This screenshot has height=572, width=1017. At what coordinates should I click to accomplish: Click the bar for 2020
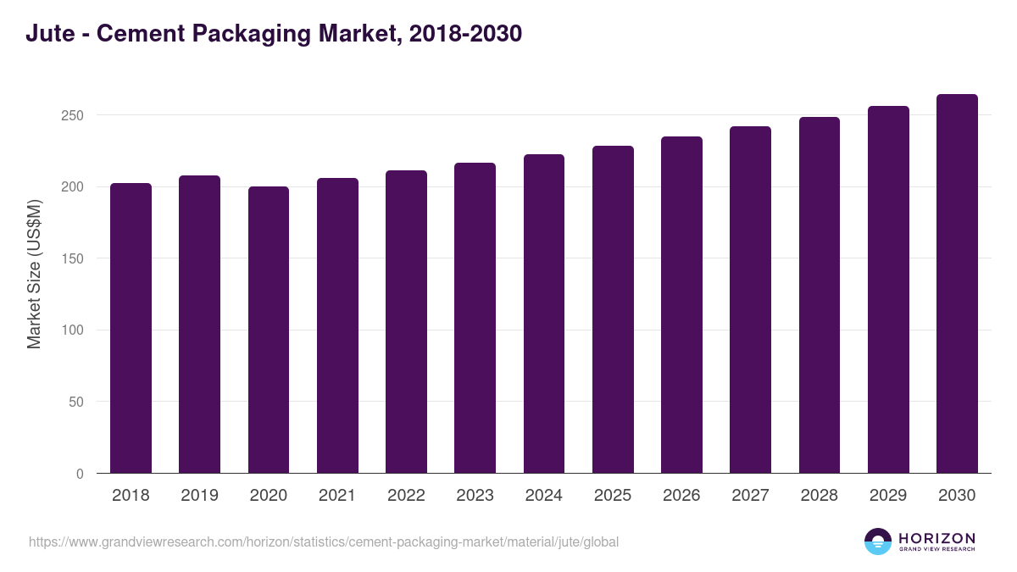(269, 330)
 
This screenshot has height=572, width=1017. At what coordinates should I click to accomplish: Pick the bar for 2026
(681, 305)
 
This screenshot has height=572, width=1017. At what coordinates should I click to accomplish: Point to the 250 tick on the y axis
(74, 115)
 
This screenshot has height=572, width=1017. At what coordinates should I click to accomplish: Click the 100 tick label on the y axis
(74, 330)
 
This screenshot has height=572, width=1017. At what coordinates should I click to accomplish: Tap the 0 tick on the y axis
(80, 474)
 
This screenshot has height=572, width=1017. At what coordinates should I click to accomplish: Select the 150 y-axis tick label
(74, 258)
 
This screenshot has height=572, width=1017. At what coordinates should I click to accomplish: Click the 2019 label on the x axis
(199, 496)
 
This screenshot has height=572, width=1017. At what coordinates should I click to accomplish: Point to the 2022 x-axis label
(406, 496)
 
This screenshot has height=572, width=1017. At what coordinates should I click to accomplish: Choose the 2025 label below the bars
(613, 496)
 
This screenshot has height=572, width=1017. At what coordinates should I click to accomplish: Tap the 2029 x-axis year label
(888, 496)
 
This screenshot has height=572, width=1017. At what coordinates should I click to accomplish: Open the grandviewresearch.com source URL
(324, 541)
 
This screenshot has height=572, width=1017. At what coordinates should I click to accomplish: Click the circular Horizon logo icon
(878, 541)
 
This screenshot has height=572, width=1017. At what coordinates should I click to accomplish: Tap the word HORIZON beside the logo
(936, 537)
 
